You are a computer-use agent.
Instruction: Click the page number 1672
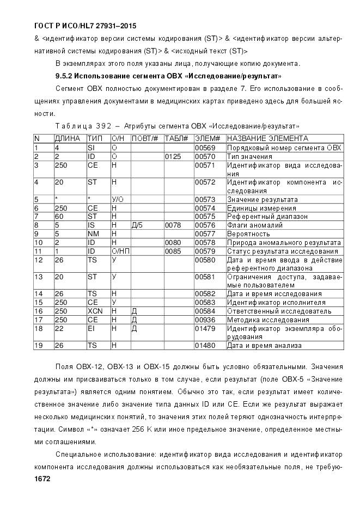click(42, 479)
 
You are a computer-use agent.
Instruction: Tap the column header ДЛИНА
click(68, 139)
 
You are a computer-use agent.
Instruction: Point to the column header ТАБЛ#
click(176, 139)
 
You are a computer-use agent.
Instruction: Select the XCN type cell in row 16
click(95, 311)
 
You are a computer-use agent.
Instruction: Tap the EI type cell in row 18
click(91, 329)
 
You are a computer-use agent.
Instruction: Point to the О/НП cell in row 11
click(119, 251)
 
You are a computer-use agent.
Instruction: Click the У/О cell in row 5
click(117, 199)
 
